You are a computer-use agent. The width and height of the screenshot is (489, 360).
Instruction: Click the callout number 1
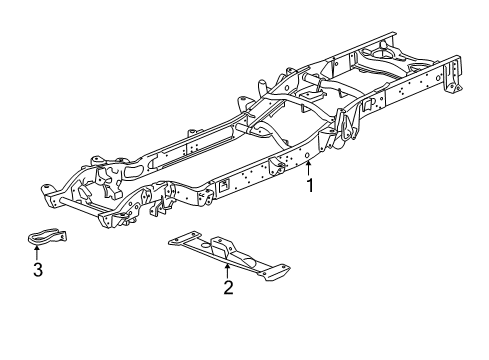pos(310,186)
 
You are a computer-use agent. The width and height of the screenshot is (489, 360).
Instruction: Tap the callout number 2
pos(228,288)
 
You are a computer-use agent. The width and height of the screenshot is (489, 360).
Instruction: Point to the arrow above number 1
pos(310,169)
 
